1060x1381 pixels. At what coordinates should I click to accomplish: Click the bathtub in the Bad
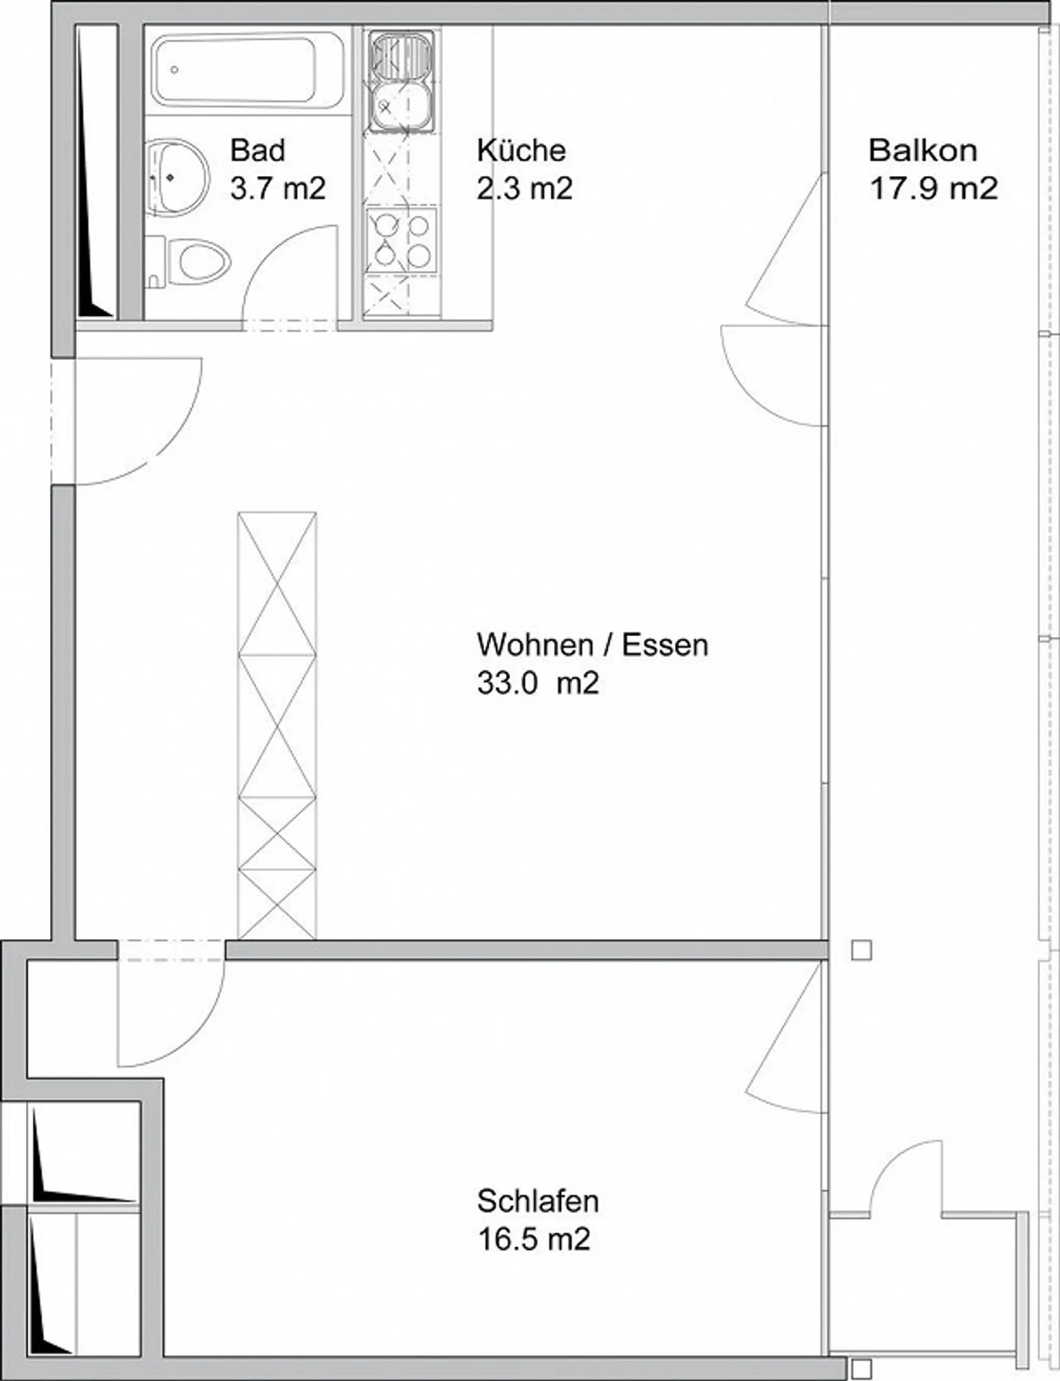click(x=247, y=72)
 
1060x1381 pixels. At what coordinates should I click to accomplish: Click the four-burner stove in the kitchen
click(x=402, y=239)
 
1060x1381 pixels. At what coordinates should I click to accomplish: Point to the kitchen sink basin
click(x=402, y=107)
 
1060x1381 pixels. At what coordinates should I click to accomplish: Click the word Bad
click(x=258, y=150)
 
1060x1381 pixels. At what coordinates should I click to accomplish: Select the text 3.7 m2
click(x=278, y=188)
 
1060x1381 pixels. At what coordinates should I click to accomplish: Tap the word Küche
click(x=521, y=150)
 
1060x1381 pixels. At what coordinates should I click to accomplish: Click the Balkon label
click(x=923, y=150)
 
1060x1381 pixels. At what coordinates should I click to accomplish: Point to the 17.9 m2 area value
click(x=933, y=188)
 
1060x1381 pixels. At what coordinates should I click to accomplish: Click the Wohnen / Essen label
click(x=593, y=645)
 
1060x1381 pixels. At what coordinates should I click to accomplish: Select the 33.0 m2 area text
click(x=538, y=683)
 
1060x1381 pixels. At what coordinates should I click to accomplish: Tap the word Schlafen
click(x=538, y=1201)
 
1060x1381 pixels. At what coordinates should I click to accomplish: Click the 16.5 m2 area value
click(x=534, y=1240)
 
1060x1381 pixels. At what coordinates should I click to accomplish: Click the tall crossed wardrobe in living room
click(x=278, y=726)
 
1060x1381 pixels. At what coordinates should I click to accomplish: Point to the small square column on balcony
click(x=861, y=950)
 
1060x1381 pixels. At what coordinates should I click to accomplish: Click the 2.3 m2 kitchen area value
click(x=524, y=188)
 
